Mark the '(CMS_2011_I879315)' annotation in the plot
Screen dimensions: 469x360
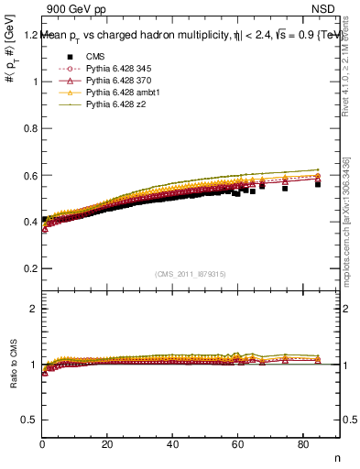pos(191,274)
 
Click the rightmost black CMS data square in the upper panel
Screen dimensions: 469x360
pos(318,184)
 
